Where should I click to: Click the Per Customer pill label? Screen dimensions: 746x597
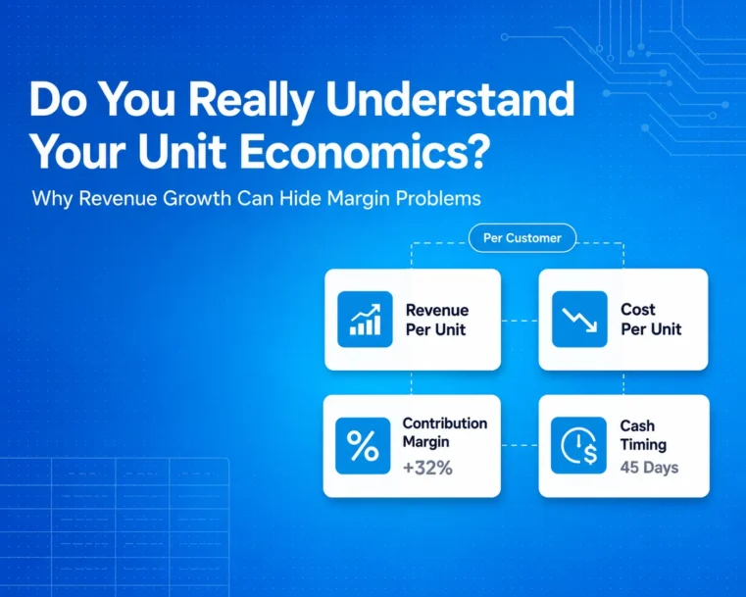(522, 238)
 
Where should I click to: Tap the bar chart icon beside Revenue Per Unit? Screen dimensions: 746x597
(365, 320)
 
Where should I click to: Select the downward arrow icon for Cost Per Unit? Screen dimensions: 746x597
(579, 320)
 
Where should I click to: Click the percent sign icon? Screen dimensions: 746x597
(363, 446)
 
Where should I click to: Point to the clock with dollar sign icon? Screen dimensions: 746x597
(578, 446)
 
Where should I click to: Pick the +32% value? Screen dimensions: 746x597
(427, 468)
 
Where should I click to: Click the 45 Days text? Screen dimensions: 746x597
(649, 468)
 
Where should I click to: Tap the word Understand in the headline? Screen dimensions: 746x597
(450, 99)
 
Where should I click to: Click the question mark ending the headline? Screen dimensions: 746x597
(474, 152)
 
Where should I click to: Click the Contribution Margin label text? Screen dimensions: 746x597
(445, 432)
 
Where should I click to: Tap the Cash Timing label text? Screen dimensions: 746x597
(643, 435)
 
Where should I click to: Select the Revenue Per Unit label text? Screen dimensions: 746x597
(437, 320)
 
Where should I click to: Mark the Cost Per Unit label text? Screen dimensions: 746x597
(651, 320)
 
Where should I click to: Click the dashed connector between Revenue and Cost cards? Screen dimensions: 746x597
(520, 321)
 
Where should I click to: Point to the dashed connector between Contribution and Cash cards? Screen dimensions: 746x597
(520, 446)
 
